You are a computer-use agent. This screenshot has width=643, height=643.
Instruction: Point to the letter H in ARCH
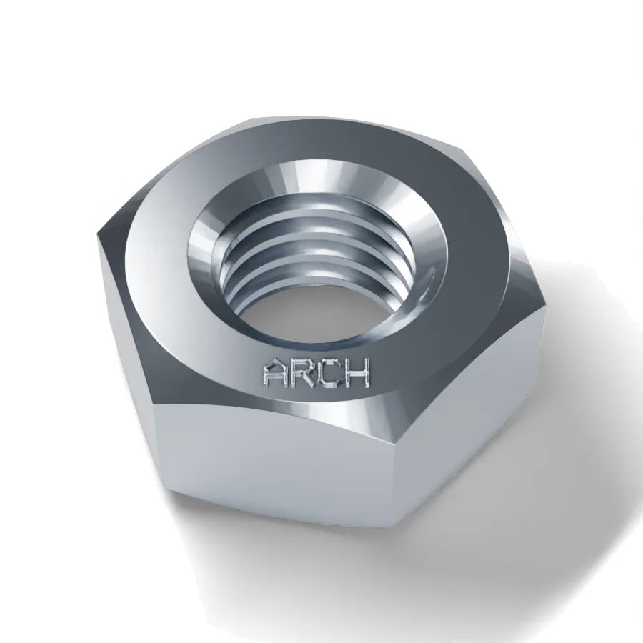click(357, 373)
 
